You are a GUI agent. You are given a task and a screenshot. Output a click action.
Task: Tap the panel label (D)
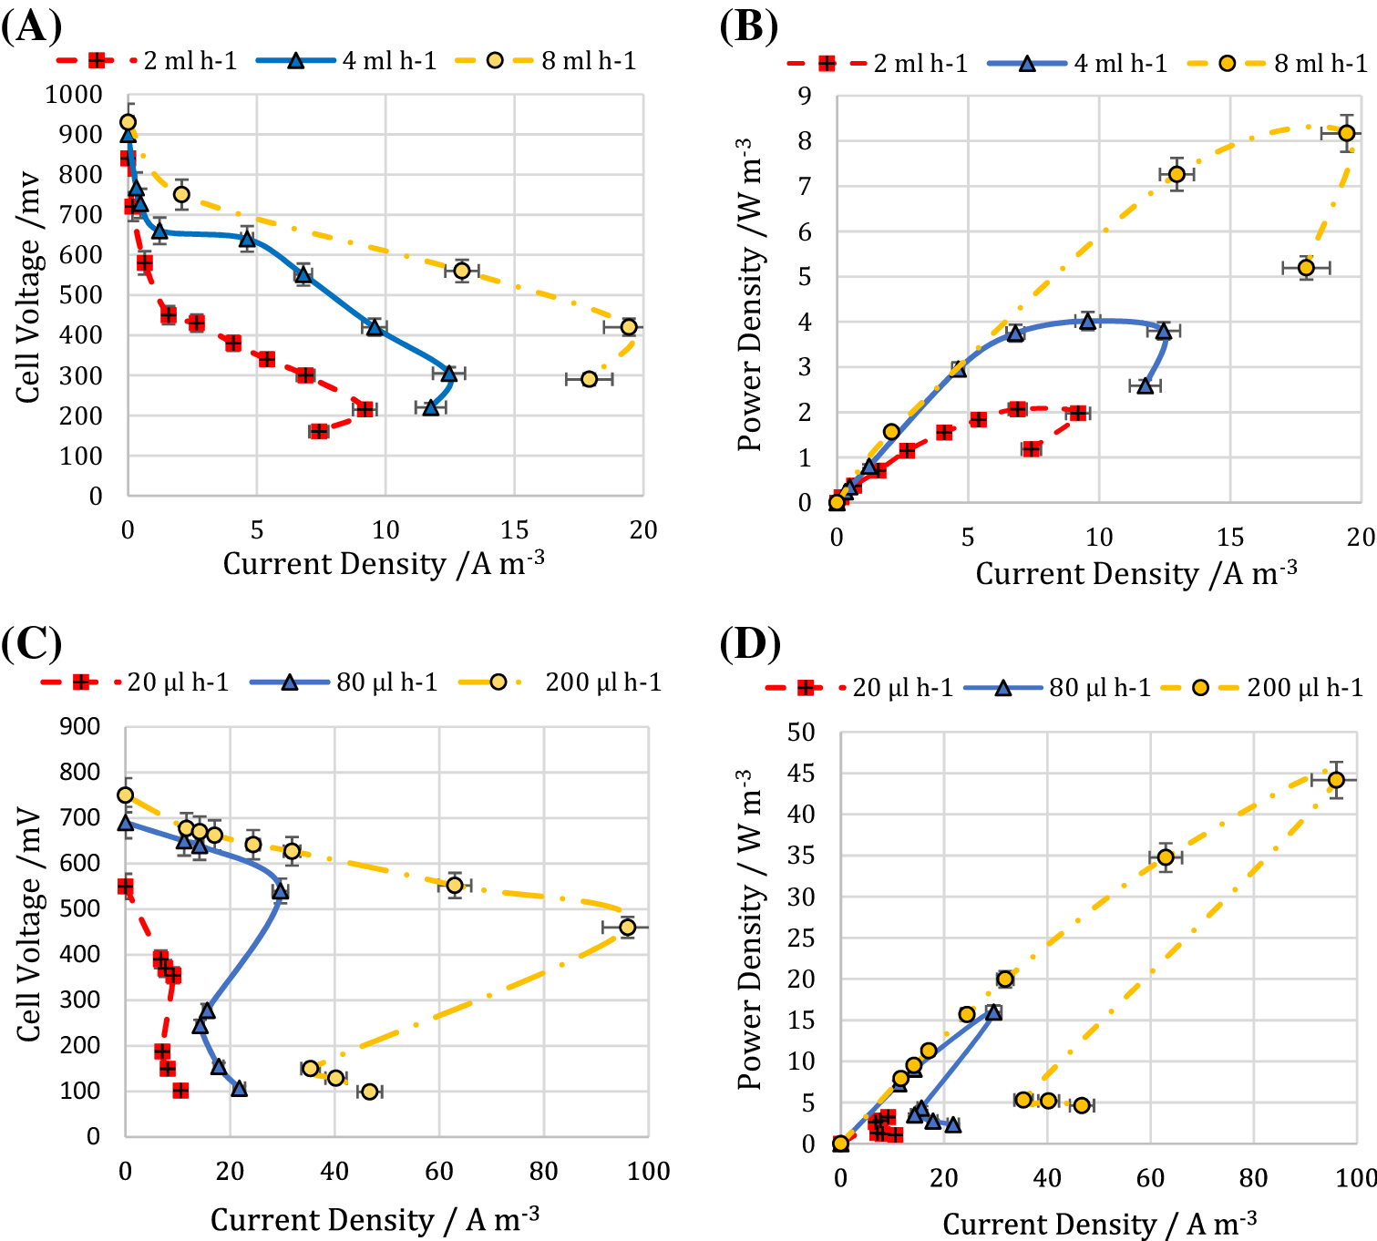pyautogui.click(x=749, y=644)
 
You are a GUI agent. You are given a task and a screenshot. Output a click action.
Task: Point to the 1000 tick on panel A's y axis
pyautogui.click(x=74, y=95)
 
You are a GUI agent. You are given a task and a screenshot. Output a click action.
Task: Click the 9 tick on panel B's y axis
pyautogui.click(x=805, y=97)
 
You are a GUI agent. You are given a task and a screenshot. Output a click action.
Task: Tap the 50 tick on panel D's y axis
pyautogui.click(x=801, y=732)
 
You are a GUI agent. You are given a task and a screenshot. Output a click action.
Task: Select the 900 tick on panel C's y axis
pyautogui.click(x=79, y=726)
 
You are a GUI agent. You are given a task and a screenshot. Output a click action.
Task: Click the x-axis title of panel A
pyautogui.click(x=384, y=564)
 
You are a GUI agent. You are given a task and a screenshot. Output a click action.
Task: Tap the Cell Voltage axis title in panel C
pyautogui.click(x=28, y=924)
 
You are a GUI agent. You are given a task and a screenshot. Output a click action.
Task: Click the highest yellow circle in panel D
pyautogui.click(x=1336, y=780)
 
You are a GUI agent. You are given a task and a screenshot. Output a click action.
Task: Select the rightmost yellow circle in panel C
pyautogui.click(x=627, y=928)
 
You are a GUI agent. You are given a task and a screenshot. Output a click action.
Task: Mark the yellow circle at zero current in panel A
pyautogui.click(x=128, y=122)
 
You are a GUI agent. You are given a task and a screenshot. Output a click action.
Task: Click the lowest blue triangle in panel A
pyautogui.click(x=431, y=407)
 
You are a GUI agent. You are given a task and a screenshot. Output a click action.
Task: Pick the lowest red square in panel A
pyautogui.click(x=318, y=431)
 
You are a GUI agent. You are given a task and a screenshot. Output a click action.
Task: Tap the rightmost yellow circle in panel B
pyautogui.click(x=1346, y=133)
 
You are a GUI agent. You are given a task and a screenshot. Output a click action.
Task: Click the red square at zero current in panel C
pyautogui.click(x=126, y=887)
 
